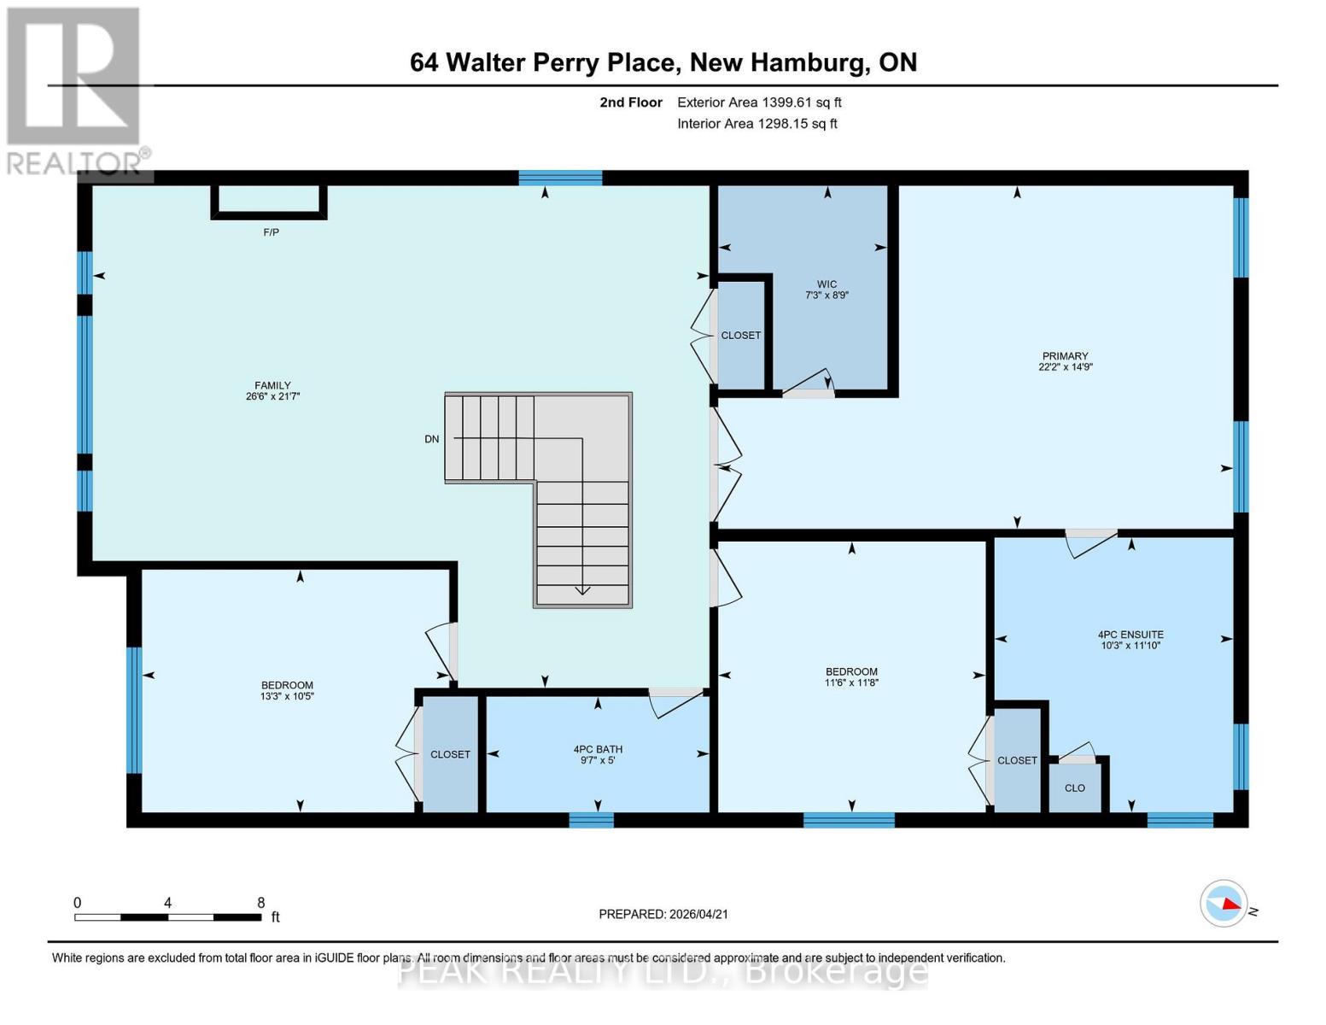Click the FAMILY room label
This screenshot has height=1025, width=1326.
coord(272,385)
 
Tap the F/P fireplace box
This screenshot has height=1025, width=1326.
coord(269,201)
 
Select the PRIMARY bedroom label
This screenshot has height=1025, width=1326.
coord(1065,356)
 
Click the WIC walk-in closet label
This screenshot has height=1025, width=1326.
coord(827,284)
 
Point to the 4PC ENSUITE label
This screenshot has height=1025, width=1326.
coord(1130,635)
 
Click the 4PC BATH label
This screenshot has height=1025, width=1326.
coord(598,749)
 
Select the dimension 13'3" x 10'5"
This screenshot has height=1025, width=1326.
coord(287,696)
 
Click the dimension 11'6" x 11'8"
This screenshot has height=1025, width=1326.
coord(851,682)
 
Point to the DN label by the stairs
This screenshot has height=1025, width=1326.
coord(432,439)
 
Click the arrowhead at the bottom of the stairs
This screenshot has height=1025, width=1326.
coord(582,589)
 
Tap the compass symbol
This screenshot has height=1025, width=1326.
coord(1224,903)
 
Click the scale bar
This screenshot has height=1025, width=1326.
coord(167,917)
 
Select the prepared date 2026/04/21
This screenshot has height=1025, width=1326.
coord(663,914)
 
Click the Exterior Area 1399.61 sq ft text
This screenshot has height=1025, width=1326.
coord(759,102)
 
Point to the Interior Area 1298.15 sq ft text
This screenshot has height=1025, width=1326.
coord(756,124)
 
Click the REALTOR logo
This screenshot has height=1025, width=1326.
coord(75,90)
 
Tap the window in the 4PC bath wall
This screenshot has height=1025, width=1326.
coord(591,820)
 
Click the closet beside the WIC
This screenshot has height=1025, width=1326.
coord(740,336)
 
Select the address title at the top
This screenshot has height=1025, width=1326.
coord(663,62)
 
